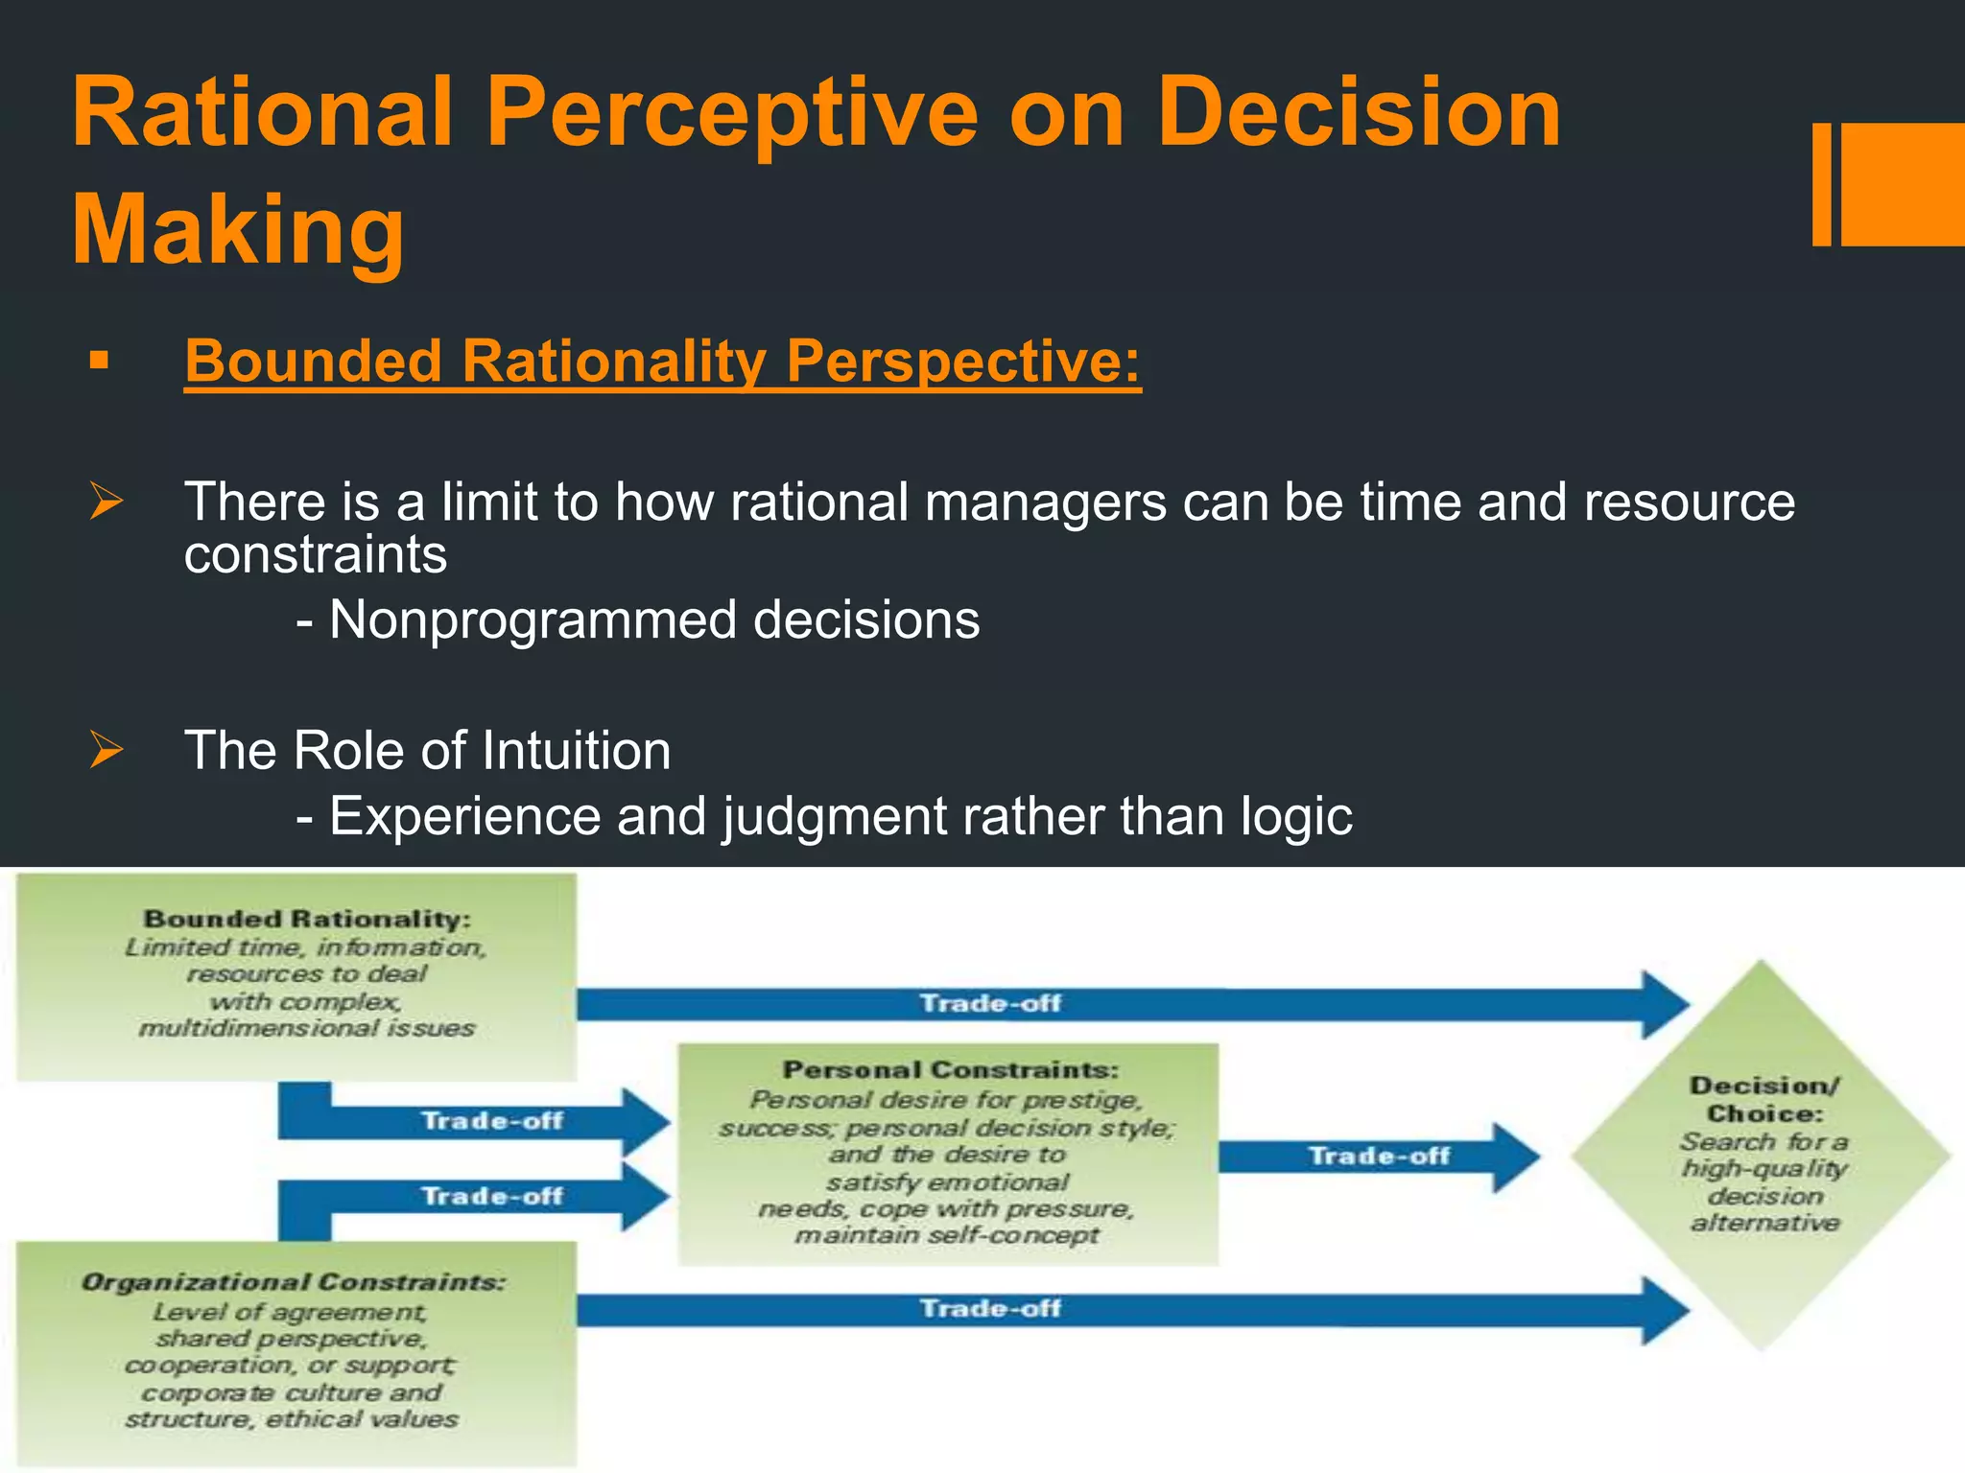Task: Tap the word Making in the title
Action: (x=238, y=230)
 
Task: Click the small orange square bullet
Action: (x=98, y=362)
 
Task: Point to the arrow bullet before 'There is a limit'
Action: (x=107, y=502)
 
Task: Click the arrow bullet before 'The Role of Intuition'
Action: (x=107, y=749)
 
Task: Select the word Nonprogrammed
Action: (x=532, y=620)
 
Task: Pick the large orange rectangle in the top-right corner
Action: (x=1903, y=184)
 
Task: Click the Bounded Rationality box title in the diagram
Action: (x=307, y=919)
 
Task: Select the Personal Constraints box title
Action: (x=950, y=1069)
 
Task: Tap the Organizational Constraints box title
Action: (x=293, y=1282)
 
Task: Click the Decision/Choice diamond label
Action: (x=1764, y=1099)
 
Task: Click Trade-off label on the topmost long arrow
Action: (x=990, y=1004)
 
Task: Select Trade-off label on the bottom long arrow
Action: (x=990, y=1308)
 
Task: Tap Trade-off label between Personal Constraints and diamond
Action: (x=1379, y=1156)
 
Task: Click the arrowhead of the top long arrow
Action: (x=1665, y=1004)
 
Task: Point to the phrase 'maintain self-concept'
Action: (x=946, y=1235)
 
